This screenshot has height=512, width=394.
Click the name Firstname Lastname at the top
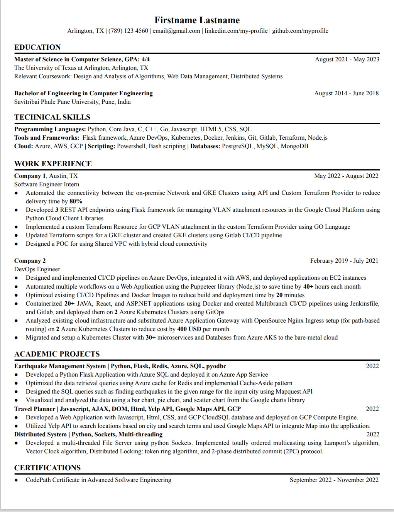pos(197,20)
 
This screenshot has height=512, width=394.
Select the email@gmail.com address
pos(176,31)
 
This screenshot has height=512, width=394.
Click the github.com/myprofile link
pos(300,31)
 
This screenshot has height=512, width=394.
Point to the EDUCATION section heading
pos(37,47)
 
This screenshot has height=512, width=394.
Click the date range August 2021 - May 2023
pos(347,59)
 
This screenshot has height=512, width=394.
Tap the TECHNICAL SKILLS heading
pos(52,117)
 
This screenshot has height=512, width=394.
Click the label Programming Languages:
pos(50,129)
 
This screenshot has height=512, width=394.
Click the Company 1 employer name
pos(30,176)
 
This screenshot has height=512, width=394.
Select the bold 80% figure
pos(76,201)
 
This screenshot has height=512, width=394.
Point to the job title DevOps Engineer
pos(37,269)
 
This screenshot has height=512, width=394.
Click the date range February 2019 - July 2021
pos(344,261)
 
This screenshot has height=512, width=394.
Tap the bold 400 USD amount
pos(189,329)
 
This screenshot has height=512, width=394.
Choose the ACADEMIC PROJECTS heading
pos(57,354)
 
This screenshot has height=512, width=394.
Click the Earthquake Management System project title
pos(60,366)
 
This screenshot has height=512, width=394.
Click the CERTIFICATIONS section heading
pos(47,468)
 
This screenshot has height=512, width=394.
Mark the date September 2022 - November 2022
pos(334,480)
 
